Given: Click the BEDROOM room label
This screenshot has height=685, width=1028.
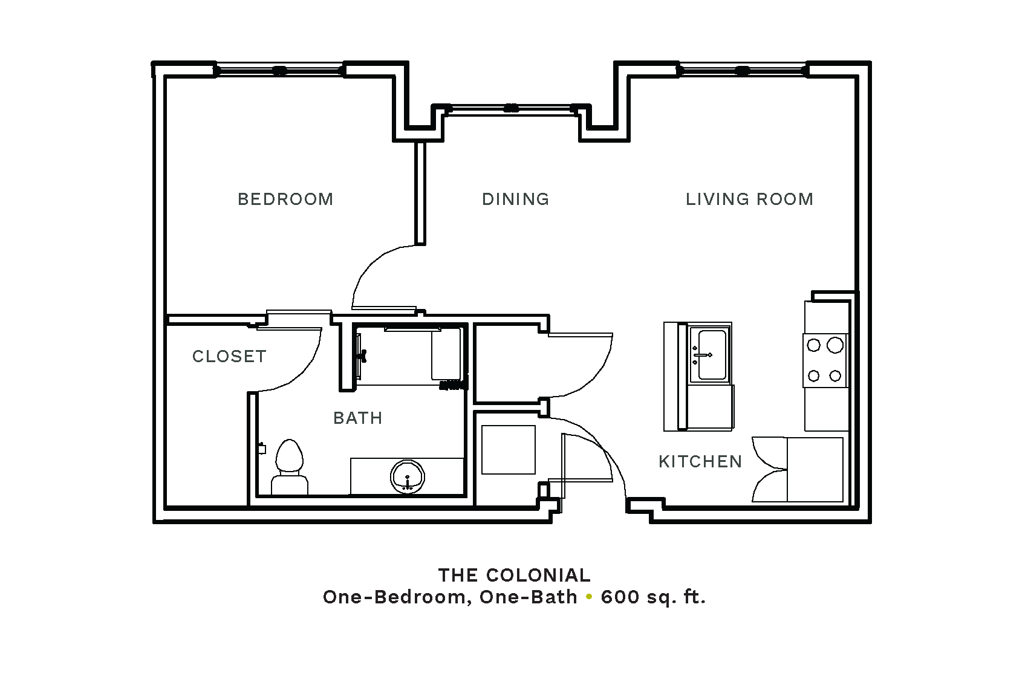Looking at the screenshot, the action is click(285, 199).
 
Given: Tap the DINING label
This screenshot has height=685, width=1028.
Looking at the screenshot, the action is click(515, 199).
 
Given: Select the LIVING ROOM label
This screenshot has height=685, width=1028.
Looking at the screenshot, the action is click(749, 199).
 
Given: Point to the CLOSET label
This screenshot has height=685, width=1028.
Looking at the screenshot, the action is click(229, 357).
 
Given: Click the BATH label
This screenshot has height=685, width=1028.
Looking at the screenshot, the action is click(357, 418).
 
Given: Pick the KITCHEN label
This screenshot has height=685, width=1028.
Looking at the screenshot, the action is click(700, 461).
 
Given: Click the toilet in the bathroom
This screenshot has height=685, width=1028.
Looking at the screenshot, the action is click(290, 467).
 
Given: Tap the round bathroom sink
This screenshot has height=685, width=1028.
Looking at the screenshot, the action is click(408, 477).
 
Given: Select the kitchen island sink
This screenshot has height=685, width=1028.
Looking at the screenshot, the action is click(711, 354).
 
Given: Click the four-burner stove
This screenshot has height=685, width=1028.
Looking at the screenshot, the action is click(825, 360).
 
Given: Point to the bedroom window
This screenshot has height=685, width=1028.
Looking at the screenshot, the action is click(279, 71).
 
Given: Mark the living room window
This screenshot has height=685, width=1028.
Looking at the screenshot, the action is click(742, 71).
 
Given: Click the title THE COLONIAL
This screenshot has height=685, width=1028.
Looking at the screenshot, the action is click(514, 576).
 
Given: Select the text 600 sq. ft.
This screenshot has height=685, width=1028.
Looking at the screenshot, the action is click(653, 597).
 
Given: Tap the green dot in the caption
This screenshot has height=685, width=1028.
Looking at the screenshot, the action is click(589, 597).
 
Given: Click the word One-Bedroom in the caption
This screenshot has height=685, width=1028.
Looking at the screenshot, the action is click(397, 597).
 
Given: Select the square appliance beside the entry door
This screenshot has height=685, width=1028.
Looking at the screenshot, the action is click(509, 450).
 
